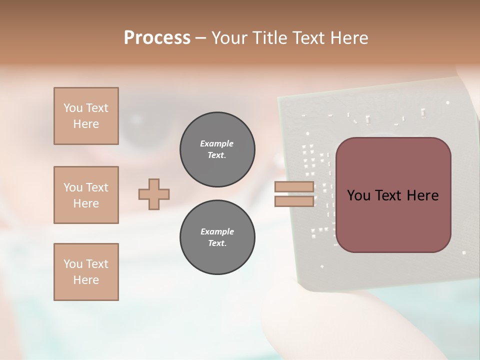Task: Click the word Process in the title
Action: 157,37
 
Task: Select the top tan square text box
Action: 86,116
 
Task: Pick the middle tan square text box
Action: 86,195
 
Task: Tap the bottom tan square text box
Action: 86,272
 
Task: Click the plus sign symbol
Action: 154,194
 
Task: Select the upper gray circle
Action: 217,149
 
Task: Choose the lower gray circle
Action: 217,237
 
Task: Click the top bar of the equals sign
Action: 294,187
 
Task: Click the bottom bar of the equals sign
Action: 294,201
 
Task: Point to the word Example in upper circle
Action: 217,143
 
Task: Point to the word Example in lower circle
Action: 217,231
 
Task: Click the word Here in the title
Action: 350,37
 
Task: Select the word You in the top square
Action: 72,108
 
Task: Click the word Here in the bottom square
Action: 86,280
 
